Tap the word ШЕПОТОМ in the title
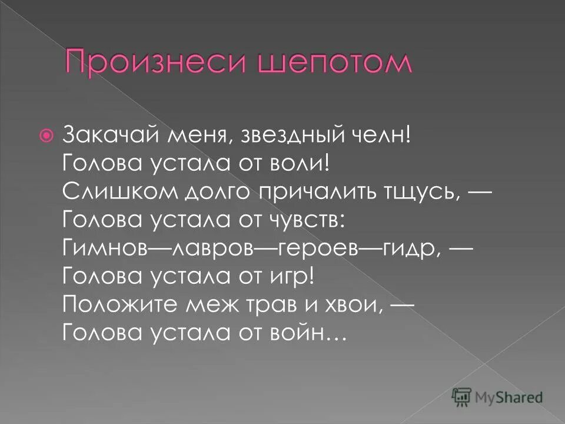(x=314, y=63)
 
